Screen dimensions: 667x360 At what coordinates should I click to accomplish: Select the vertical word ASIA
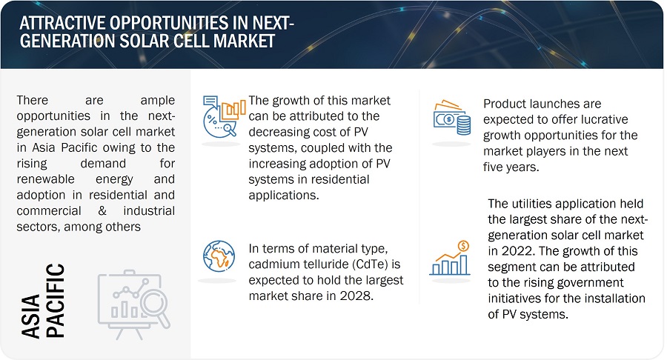[x=30, y=316]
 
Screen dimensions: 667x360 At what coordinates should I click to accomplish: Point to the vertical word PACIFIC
[x=56, y=301]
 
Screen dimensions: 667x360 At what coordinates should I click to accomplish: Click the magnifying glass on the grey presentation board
[x=156, y=306]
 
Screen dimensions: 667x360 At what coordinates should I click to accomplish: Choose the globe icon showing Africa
[x=219, y=256]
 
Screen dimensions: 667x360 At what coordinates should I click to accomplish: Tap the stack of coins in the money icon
[x=463, y=125]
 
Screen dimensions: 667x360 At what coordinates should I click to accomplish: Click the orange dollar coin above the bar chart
[x=463, y=246]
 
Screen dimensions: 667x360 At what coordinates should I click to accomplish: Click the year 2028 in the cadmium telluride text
[x=356, y=296]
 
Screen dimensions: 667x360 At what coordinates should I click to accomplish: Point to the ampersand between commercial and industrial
[x=102, y=211]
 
